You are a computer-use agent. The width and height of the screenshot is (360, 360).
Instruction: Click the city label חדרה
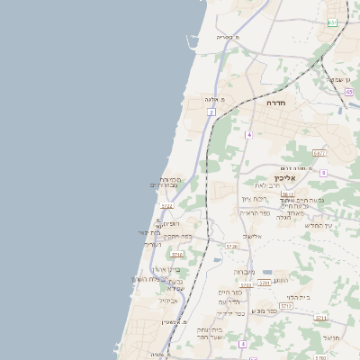(275, 103)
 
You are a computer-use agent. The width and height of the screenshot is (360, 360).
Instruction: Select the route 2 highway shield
(211, 112)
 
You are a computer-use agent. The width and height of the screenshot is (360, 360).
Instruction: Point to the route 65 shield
(332, 22)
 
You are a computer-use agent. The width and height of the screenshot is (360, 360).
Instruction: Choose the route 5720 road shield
(232, 246)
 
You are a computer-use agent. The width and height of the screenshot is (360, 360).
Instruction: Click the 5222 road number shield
(167, 206)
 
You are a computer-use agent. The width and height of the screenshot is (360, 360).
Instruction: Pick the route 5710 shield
(177, 255)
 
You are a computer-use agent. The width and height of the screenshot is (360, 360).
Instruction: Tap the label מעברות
(245, 271)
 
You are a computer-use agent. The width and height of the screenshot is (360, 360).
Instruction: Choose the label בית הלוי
(300, 297)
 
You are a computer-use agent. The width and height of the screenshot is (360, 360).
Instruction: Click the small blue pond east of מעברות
(266, 271)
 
